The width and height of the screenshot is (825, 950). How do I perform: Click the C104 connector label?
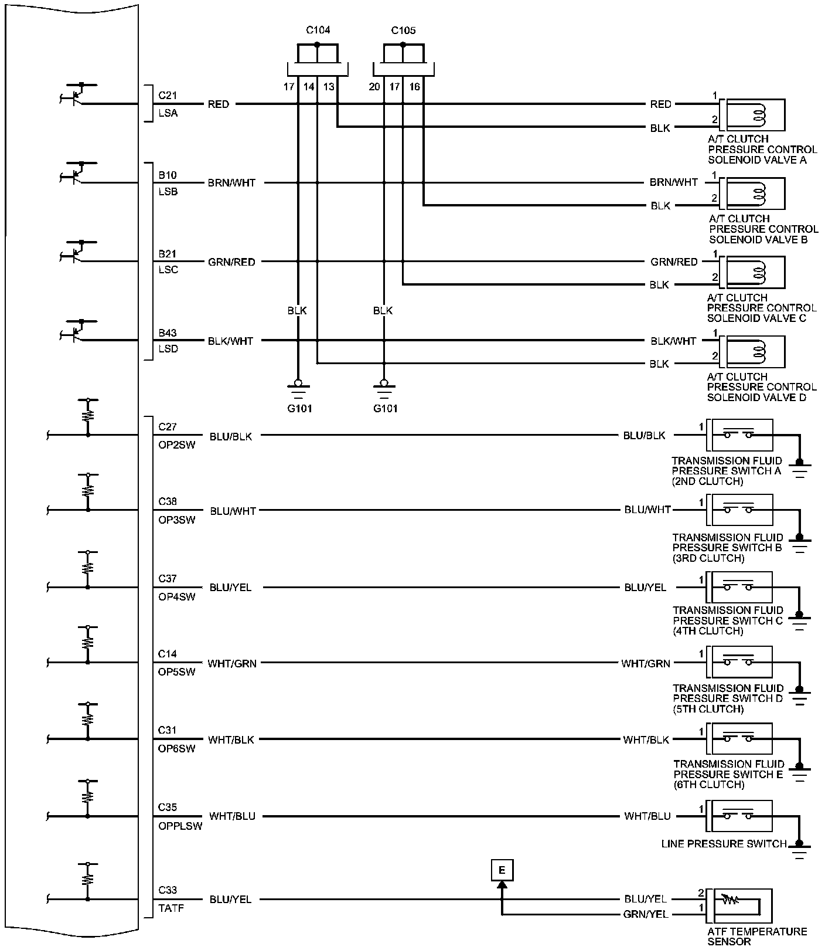point(318,30)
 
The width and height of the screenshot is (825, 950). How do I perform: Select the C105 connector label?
point(403,30)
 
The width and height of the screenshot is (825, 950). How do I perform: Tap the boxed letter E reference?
point(502,870)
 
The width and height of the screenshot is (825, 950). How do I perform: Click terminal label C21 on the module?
point(168,95)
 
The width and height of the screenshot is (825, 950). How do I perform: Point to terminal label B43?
point(168,333)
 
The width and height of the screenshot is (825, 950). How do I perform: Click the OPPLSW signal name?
point(180,826)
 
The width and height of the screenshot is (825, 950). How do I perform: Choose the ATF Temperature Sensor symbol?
point(739,906)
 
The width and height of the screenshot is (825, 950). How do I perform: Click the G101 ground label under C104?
point(299,409)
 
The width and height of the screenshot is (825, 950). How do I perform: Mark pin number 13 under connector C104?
point(329,87)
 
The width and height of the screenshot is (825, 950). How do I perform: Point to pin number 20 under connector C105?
point(374,87)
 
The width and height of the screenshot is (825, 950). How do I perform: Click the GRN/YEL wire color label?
point(646,914)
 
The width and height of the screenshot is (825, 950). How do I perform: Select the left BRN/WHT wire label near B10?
point(232,183)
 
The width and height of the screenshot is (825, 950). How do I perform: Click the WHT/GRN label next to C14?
point(232,663)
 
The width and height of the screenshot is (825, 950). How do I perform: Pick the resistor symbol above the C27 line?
point(88,415)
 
